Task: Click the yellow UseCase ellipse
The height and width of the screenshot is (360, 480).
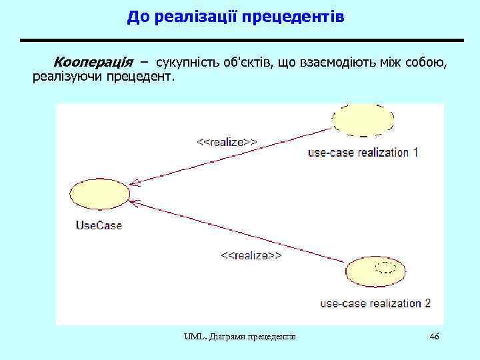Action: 99,194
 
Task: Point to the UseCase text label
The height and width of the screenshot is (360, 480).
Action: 99,225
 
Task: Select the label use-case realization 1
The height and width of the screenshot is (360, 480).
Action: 363,152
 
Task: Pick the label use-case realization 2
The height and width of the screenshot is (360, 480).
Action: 375,303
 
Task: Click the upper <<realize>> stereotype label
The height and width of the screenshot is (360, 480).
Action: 227,141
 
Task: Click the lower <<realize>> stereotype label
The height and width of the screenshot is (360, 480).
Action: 251,255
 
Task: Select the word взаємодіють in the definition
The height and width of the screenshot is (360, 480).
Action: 339,62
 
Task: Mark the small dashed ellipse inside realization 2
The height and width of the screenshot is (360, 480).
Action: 386,267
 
